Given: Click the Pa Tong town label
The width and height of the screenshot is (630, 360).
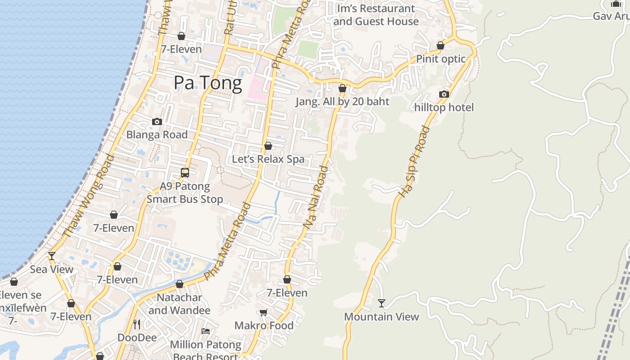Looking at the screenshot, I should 208,83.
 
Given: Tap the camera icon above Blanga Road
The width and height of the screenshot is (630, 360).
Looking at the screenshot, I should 157,121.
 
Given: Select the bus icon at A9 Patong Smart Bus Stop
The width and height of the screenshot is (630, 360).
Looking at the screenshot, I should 185,172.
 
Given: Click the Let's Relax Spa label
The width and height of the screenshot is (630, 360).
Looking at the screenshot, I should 268,159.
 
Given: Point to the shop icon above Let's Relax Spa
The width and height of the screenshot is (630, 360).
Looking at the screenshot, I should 268,146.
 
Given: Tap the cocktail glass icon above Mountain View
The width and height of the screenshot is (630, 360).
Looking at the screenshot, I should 382,303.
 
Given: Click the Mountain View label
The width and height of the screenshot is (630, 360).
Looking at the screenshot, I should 382,317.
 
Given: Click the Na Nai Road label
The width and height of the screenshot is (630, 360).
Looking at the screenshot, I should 316,196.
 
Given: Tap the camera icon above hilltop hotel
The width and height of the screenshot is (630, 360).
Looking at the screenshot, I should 444,94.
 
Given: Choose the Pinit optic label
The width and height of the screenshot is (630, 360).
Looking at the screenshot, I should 441,59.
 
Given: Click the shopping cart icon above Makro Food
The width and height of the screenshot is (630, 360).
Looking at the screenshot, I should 264,312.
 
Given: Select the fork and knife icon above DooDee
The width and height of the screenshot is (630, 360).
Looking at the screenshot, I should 137,324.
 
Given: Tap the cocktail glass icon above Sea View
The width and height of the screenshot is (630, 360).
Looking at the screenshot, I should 52,256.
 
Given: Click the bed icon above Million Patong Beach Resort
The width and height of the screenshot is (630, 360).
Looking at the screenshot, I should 206,331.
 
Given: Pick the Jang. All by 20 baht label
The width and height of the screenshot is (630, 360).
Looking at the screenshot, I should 342,102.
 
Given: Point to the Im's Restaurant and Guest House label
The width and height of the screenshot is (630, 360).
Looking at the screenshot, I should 376,15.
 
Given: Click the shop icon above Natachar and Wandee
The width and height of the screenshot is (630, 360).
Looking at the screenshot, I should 180,284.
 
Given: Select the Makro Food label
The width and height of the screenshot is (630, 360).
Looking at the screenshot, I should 264,326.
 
